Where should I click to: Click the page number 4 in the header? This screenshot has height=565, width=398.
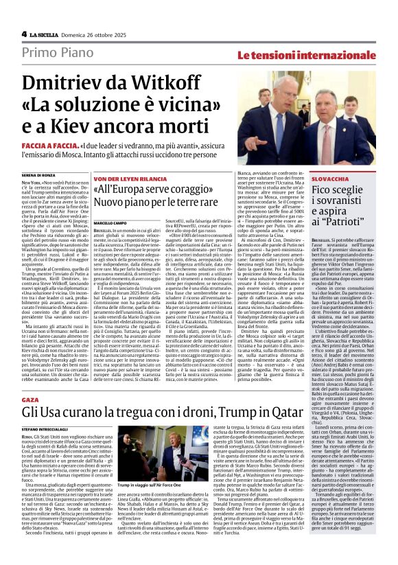click(x=24, y=34)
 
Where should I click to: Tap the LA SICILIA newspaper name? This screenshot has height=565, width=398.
click(x=46, y=34)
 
